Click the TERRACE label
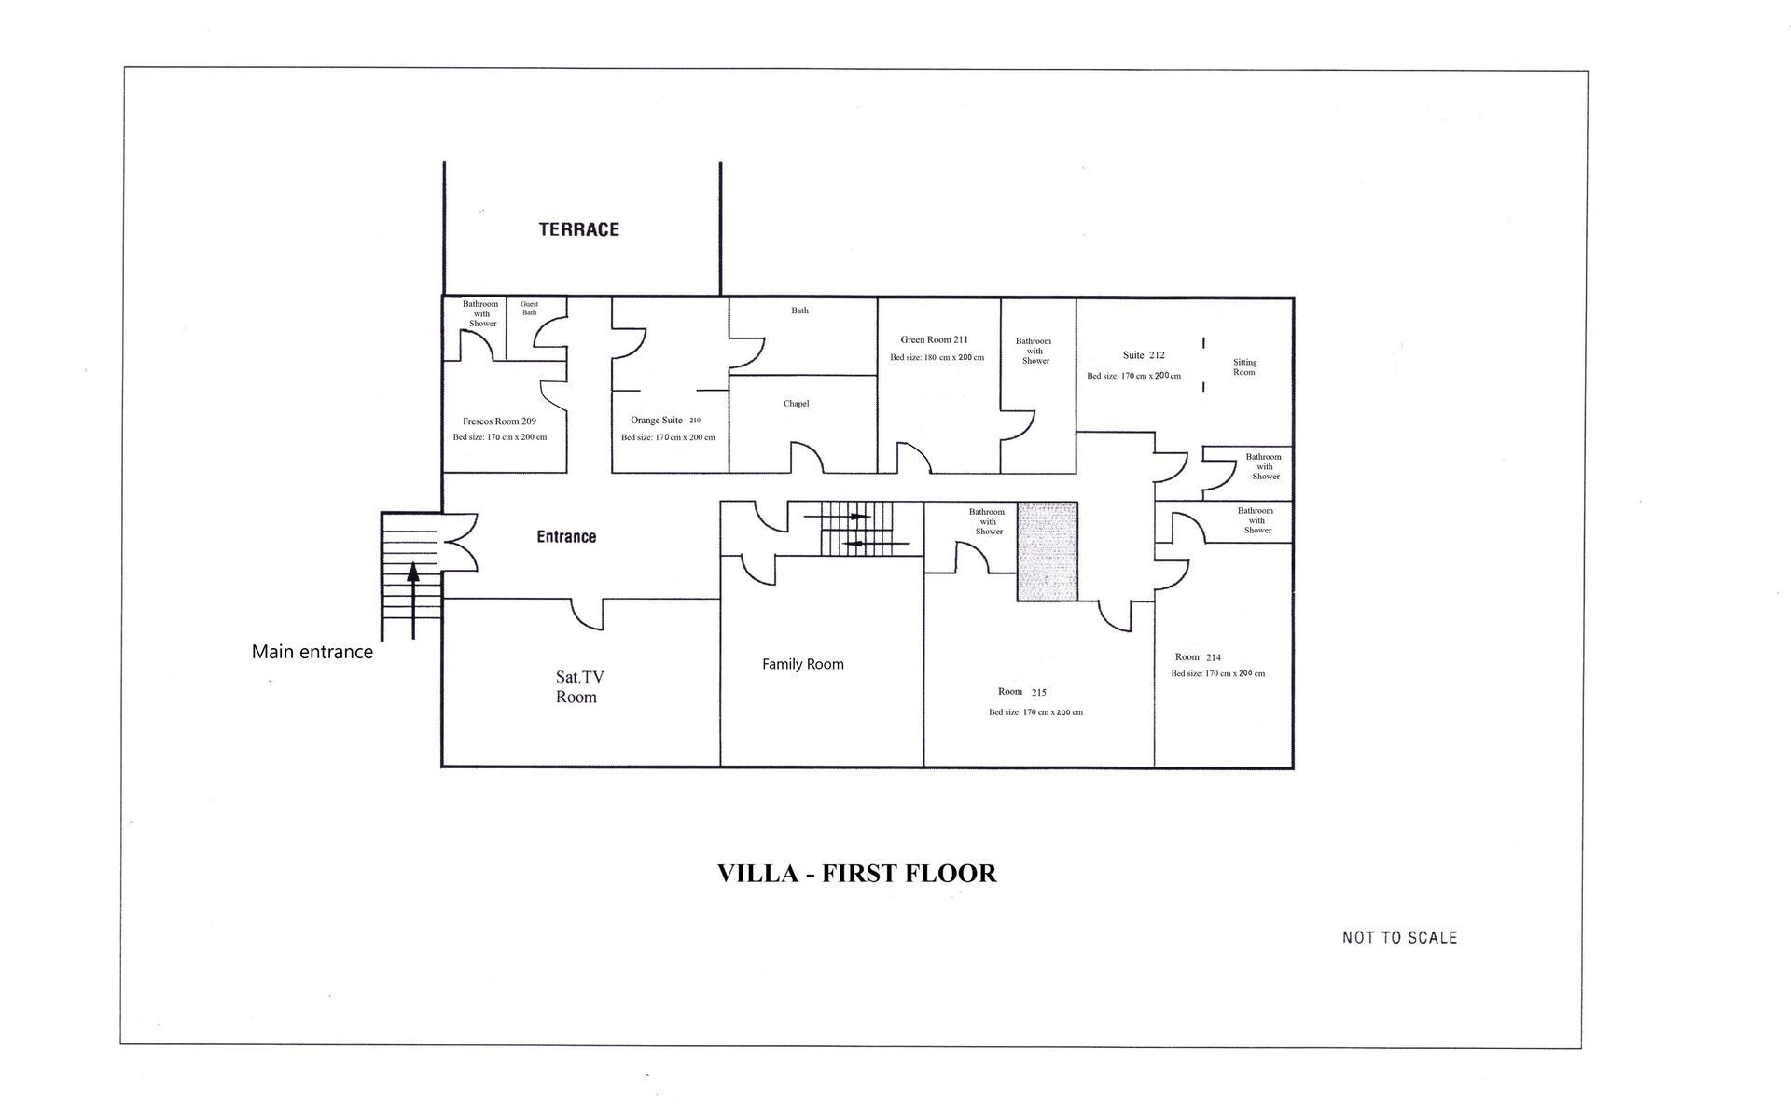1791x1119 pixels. click(x=578, y=229)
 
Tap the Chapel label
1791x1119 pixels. click(x=796, y=404)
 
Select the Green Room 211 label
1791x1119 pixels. click(x=934, y=340)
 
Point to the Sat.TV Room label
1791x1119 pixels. click(x=576, y=687)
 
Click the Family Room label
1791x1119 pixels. click(x=802, y=664)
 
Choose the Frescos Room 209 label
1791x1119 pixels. click(x=499, y=421)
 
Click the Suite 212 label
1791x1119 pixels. click(x=1143, y=355)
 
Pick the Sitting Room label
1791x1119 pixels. click(x=1244, y=367)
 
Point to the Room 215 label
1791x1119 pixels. click(x=1021, y=692)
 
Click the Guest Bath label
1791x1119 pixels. click(x=529, y=309)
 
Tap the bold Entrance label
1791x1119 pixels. click(x=566, y=537)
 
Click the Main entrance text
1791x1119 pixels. click(x=312, y=652)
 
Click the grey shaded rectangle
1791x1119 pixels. click(x=1047, y=551)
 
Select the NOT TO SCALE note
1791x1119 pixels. click(x=1399, y=938)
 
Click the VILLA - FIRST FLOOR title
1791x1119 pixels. click(x=856, y=874)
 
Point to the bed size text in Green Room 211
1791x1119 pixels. click(x=937, y=358)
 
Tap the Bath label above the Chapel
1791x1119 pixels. click(x=799, y=311)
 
